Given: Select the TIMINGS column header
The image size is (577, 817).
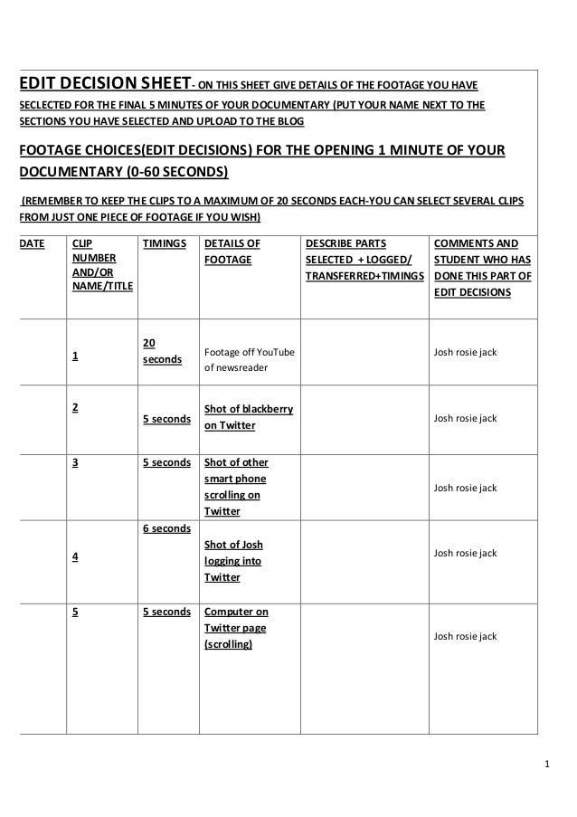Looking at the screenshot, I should (164, 244).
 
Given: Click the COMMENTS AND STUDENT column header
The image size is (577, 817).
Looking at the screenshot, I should (482, 268).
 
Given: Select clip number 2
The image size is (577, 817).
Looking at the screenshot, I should (76, 406).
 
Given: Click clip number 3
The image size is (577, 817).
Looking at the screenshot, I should (76, 462).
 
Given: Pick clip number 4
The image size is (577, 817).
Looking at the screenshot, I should (76, 557).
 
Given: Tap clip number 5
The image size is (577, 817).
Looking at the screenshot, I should (76, 612).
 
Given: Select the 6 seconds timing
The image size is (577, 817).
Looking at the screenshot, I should (166, 528).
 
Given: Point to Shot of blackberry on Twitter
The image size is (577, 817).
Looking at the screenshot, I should (249, 417).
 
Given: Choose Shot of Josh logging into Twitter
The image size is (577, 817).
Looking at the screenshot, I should (234, 560).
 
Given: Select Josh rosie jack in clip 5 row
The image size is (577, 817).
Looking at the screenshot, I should (466, 636).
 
